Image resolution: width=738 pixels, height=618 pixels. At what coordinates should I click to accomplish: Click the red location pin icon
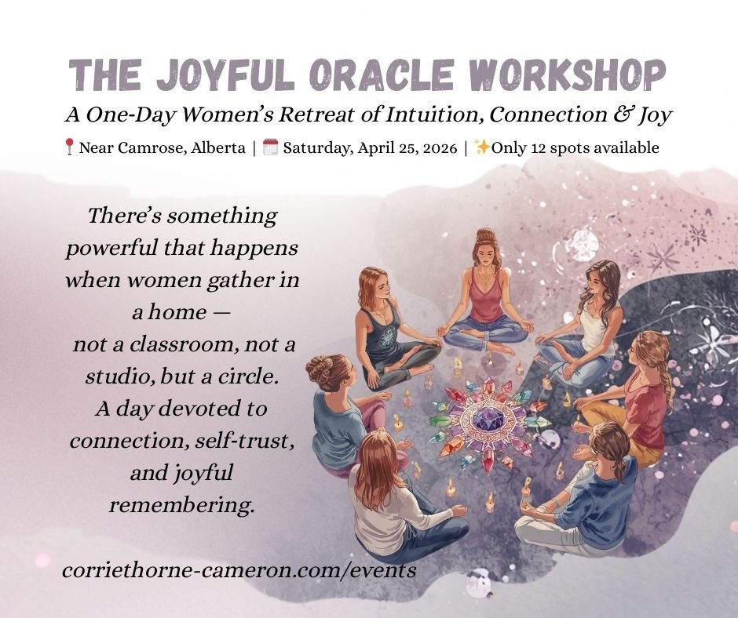tap(69, 147)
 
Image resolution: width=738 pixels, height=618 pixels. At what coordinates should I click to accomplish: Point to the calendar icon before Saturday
tap(270, 147)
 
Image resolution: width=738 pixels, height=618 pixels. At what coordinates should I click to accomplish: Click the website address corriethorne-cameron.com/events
tap(239, 570)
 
